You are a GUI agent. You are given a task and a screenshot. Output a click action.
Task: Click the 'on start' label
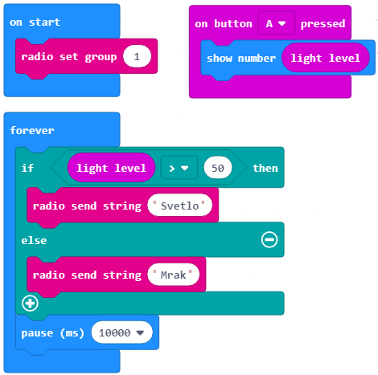click(35, 22)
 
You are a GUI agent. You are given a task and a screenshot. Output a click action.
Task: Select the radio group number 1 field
click(137, 56)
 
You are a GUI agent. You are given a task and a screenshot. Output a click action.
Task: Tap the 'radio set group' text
click(69, 57)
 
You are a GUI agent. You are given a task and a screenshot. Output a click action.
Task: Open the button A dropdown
click(277, 23)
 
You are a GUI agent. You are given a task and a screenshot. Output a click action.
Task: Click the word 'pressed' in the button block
click(323, 24)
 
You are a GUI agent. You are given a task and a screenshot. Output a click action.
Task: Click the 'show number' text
click(241, 59)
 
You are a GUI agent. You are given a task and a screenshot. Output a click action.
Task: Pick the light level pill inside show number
click(326, 58)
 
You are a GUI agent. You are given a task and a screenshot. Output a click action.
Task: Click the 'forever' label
click(32, 130)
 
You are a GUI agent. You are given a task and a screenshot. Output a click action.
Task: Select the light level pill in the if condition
click(111, 168)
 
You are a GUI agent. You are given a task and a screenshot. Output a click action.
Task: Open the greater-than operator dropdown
click(179, 168)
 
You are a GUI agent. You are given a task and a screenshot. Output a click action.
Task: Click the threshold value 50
click(218, 168)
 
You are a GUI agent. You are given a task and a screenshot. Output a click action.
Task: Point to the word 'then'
click(265, 168)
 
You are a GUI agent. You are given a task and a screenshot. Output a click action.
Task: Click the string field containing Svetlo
click(179, 206)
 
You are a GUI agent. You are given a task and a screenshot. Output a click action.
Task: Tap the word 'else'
click(34, 240)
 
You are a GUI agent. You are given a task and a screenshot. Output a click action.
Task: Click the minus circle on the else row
click(269, 239)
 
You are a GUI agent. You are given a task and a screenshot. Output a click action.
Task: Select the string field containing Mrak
click(173, 275)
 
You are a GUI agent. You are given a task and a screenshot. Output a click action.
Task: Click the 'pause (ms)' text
click(52, 333)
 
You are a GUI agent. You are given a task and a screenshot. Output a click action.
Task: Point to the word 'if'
click(27, 168)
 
